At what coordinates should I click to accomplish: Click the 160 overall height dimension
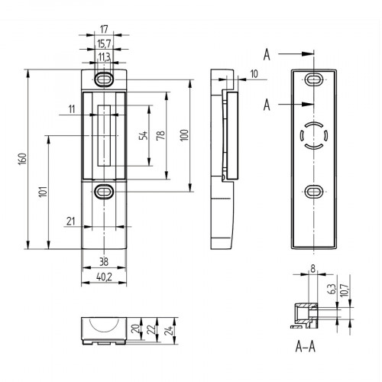(x=23, y=158)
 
